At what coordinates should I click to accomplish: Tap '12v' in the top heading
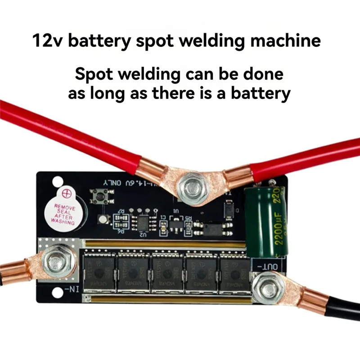pos(48,41)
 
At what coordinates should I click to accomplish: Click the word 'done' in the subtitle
pos(263,73)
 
